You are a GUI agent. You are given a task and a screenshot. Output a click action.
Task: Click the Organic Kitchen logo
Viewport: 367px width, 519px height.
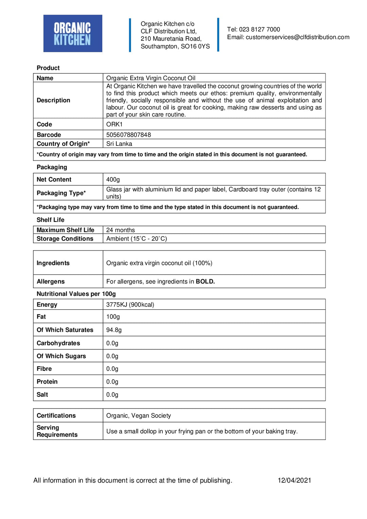point(73,33)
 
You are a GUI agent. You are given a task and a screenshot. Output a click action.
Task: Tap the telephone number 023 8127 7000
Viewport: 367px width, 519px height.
point(259,30)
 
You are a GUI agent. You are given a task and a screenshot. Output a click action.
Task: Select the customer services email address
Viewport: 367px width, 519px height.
point(297,37)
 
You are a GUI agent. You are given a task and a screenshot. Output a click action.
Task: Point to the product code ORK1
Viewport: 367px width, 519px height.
point(114,124)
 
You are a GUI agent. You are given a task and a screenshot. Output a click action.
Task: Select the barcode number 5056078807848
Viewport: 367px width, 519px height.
point(128,135)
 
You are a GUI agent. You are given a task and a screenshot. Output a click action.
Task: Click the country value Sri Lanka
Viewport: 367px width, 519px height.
point(119,144)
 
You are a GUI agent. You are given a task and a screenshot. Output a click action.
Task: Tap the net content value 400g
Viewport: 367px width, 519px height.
point(113,179)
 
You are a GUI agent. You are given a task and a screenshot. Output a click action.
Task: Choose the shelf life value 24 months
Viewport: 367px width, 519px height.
point(120,230)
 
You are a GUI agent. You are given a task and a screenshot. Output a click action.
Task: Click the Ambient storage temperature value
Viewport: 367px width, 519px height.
point(136,239)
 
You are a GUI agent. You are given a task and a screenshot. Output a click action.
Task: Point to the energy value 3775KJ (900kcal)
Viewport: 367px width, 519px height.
point(130,305)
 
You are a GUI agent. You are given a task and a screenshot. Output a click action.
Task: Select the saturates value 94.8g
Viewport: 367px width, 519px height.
point(114,330)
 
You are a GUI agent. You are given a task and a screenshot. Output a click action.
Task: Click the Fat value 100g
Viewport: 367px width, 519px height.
point(113,317)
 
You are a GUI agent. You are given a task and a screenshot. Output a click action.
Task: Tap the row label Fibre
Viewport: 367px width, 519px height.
point(44,369)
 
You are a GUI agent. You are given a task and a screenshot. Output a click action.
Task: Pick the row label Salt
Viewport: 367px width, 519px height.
point(42,395)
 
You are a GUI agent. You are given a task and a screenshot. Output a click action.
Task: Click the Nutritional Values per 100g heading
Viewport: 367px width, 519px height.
point(76,294)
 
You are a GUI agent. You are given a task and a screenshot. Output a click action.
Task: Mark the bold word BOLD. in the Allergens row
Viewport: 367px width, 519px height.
point(205,281)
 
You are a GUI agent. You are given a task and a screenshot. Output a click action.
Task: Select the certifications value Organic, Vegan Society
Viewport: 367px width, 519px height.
point(138,416)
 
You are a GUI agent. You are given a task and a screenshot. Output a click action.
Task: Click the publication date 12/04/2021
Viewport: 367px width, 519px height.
point(294,480)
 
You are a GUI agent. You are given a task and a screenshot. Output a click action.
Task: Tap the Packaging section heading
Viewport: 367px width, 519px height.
point(52,167)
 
